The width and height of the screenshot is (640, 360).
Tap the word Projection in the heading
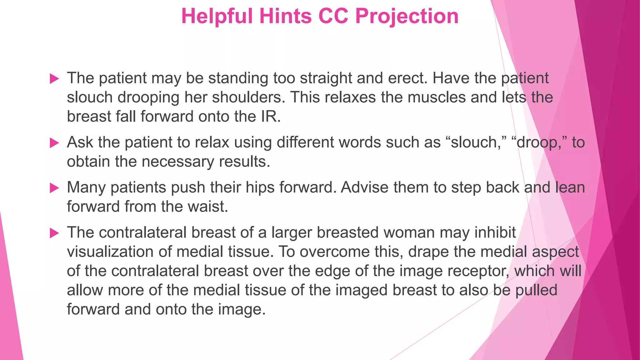407,16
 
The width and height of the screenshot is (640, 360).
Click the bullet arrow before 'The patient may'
54,79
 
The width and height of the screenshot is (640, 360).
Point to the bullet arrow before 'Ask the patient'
54,143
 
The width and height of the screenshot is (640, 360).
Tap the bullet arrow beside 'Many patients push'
54,188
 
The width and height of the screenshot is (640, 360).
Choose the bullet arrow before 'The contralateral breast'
54,233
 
